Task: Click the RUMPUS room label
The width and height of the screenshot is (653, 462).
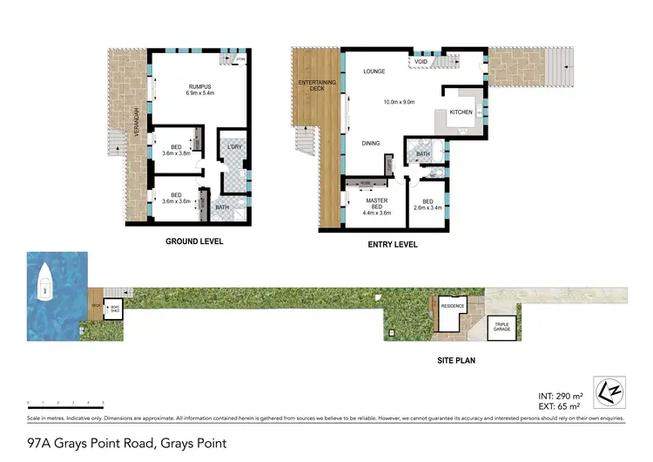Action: pos(195,85)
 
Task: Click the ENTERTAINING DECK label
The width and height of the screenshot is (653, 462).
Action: pos(311,84)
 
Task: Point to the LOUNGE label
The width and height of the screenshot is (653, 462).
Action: pos(374,71)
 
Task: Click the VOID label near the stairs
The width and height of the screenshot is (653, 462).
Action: pos(421,63)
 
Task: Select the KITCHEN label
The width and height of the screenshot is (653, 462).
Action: pos(461,112)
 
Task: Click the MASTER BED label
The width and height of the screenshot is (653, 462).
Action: pos(376,204)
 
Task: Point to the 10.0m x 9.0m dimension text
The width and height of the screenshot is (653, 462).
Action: pos(399,102)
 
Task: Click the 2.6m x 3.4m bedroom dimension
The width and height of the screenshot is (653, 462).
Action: pos(427,208)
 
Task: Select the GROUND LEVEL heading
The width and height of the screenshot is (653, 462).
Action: pos(195,241)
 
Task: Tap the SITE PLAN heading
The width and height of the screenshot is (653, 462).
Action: pos(456,359)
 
